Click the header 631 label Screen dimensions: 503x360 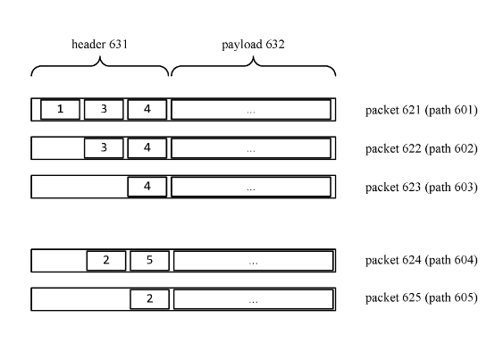click(99, 45)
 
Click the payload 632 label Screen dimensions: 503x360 click(253, 45)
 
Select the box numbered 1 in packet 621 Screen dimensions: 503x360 click(61, 109)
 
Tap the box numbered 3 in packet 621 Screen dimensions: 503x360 click(104, 109)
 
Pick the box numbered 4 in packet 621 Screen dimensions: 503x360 click(147, 109)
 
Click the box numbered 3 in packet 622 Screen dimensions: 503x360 click(104, 148)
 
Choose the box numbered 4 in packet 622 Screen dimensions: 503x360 click(147, 148)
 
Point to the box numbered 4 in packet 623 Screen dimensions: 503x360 click(147, 187)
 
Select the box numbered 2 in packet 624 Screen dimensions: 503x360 click(106, 261)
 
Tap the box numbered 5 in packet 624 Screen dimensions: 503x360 click(149, 261)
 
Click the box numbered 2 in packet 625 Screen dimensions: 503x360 click(149, 299)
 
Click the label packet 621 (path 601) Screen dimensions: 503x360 click(422, 110)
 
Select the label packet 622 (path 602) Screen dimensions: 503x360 click(422, 148)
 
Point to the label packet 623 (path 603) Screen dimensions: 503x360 click(422, 187)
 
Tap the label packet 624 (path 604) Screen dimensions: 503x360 click(422, 260)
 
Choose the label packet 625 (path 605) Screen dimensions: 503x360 click(422, 297)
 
